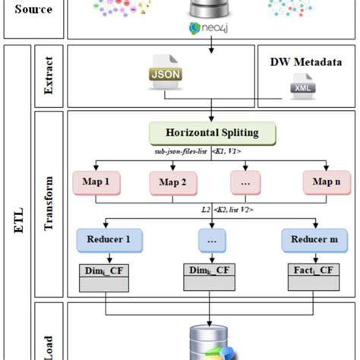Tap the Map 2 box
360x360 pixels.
169,182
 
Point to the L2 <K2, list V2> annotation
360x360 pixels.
228,208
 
